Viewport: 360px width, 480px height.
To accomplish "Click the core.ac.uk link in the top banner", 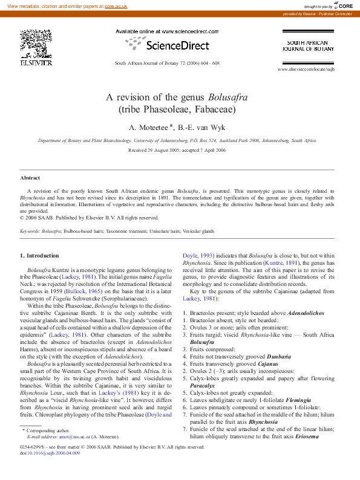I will (x=116, y=5).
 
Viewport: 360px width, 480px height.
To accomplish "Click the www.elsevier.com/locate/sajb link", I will (x=306, y=70).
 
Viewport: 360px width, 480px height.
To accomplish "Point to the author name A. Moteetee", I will (x=149, y=127).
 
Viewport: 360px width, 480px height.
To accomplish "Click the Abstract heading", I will (x=30, y=178).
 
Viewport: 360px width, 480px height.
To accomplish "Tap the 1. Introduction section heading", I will (x=39, y=256).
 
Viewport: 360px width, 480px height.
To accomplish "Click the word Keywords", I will (x=31, y=231).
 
